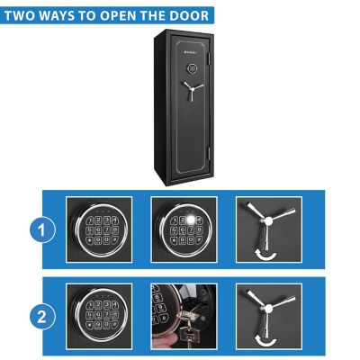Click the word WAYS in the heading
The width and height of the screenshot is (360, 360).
point(65,15)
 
